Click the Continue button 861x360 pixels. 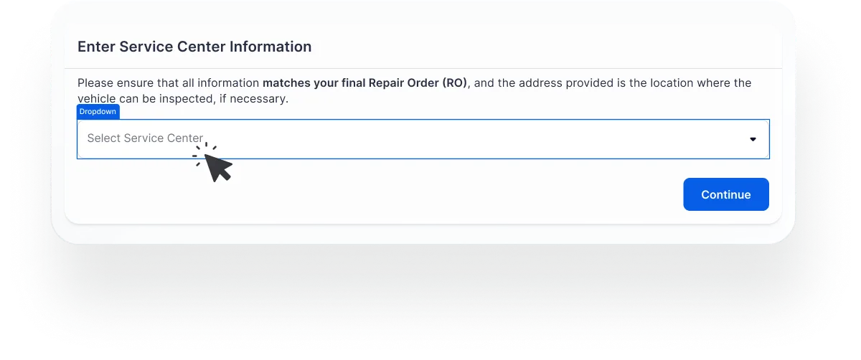click(725, 194)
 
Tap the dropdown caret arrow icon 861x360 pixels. click(753, 139)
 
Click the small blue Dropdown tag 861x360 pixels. click(98, 112)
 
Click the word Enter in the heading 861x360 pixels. click(96, 47)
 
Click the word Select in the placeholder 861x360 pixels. click(104, 138)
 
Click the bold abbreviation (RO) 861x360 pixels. click(456, 83)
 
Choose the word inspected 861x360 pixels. click(185, 99)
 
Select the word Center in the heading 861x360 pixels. click(200, 47)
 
